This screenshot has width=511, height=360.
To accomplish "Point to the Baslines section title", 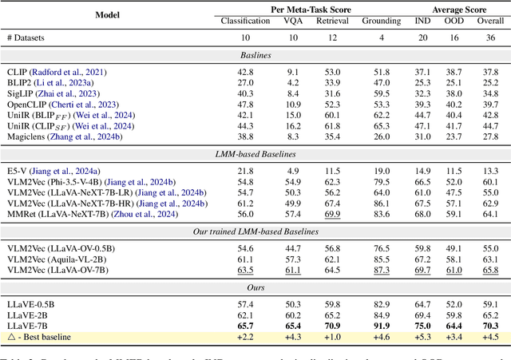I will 255,56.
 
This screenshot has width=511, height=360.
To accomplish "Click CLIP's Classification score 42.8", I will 244,72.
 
